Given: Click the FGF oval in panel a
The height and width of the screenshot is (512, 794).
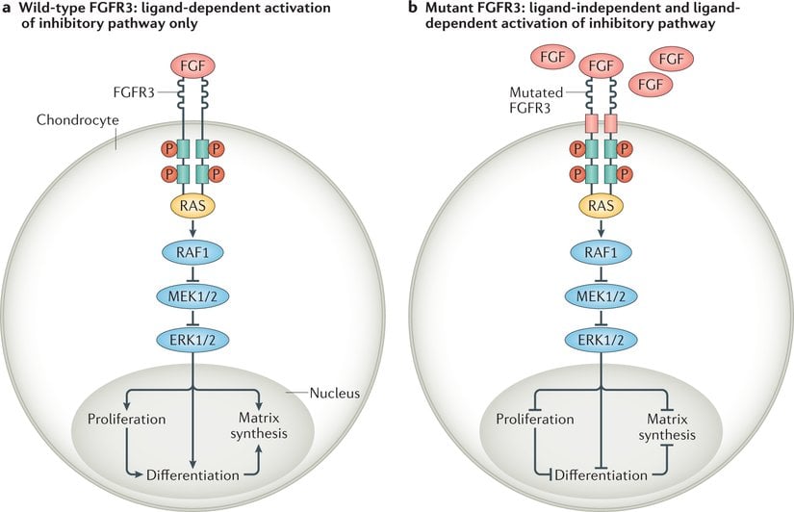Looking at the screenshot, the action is pyautogui.click(x=192, y=65).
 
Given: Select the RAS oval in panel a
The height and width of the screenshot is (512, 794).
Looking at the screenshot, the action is pyautogui.click(x=192, y=206).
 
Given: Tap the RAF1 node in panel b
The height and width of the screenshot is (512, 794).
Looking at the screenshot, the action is pyautogui.click(x=602, y=252).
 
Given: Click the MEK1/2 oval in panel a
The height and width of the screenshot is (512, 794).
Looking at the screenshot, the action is pyautogui.click(x=192, y=295).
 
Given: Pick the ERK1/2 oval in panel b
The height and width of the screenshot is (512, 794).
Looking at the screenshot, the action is pyautogui.click(x=602, y=340).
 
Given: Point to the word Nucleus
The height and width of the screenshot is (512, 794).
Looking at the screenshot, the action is pyautogui.click(x=335, y=393).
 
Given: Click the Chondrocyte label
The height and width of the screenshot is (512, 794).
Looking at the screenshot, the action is pyautogui.click(x=78, y=120).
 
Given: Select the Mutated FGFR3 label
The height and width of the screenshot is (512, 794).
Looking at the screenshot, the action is pyautogui.click(x=536, y=100).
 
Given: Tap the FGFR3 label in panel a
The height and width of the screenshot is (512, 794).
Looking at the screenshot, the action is pyautogui.click(x=134, y=92).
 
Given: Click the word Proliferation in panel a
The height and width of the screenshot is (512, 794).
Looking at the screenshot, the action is pyautogui.click(x=127, y=420).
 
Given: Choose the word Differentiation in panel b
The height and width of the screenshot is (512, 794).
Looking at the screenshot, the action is pyautogui.click(x=602, y=475).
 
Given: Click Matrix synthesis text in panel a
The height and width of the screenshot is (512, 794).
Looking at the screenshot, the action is pyautogui.click(x=259, y=426).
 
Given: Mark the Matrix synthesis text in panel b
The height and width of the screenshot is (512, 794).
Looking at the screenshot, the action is pyautogui.click(x=667, y=427).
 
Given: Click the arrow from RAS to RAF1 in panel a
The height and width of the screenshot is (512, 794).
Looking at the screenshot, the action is pyautogui.click(x=192, y=228).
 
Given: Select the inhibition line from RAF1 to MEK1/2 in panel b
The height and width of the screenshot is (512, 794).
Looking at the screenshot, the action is pyautogui.click(x=602, y=273).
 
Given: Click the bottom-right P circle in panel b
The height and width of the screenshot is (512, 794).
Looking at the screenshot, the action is pyautogui.click(x=625, y=174).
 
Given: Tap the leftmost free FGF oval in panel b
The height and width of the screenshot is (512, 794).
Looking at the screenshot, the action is pyautogui.click(x=552, y=57).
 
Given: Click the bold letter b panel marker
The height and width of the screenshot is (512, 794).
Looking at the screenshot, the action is pyautogui.click(x=414, y=8).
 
